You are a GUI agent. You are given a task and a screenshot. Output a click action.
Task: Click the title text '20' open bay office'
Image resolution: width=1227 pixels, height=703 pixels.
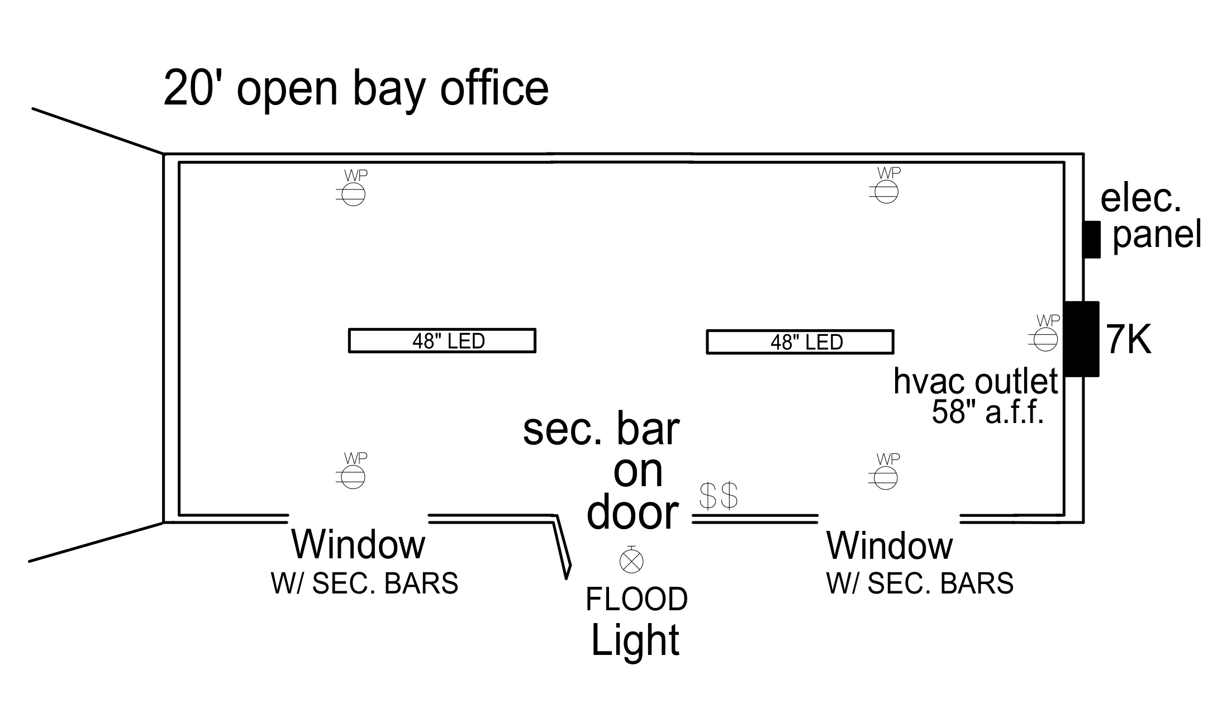(356, 88)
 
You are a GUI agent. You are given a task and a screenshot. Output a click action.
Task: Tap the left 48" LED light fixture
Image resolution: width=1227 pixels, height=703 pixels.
(442, 340)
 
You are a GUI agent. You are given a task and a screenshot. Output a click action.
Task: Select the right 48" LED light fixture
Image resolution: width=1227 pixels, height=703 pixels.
(800, 341)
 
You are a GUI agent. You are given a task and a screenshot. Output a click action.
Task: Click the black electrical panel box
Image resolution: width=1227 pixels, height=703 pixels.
(1091, 239)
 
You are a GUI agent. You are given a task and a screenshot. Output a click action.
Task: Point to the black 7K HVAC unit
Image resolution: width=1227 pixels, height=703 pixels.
(1081, 339)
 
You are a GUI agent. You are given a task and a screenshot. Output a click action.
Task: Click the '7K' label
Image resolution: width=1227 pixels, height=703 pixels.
(1129, 339)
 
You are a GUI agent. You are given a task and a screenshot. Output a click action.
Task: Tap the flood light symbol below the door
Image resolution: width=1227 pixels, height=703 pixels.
(631, 560)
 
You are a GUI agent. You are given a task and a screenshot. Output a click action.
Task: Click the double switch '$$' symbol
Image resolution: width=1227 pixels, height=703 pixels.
(719, 495)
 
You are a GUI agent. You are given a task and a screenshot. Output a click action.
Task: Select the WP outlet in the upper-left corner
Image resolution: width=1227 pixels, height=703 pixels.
(353, 194)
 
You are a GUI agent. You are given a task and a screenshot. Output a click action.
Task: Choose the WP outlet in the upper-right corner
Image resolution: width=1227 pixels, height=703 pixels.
(886, 192)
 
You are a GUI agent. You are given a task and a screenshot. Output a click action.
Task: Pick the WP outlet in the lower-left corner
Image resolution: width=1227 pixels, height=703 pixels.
(353, 477)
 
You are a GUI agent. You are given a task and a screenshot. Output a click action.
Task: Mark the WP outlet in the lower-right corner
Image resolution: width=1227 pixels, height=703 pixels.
(886, 477)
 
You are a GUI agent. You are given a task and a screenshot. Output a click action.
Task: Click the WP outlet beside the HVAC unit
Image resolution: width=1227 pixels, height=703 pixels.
(1045, 339)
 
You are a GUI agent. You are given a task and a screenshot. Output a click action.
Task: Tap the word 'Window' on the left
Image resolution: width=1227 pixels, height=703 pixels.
(358, 544)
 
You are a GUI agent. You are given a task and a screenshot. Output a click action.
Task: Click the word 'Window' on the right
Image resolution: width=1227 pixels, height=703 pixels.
(889, 545)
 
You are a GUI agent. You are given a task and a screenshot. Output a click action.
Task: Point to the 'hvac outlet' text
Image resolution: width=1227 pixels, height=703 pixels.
(975, 382)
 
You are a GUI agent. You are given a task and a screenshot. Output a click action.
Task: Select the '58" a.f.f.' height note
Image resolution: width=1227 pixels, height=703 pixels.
(987, 413)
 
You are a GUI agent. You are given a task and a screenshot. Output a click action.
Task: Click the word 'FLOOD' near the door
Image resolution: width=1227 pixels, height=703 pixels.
(636, 599)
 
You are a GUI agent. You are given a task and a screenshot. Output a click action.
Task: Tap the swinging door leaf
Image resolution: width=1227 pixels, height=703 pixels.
(562, 545)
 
